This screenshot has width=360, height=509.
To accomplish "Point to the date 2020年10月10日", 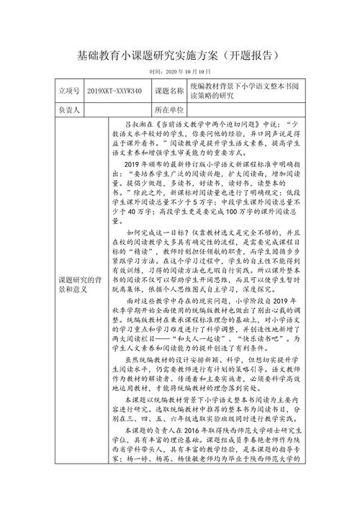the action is tap(180, 72).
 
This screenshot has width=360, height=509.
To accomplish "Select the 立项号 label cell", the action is tap(69, 92).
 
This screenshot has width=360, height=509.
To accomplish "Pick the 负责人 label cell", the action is tap(69, 110).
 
